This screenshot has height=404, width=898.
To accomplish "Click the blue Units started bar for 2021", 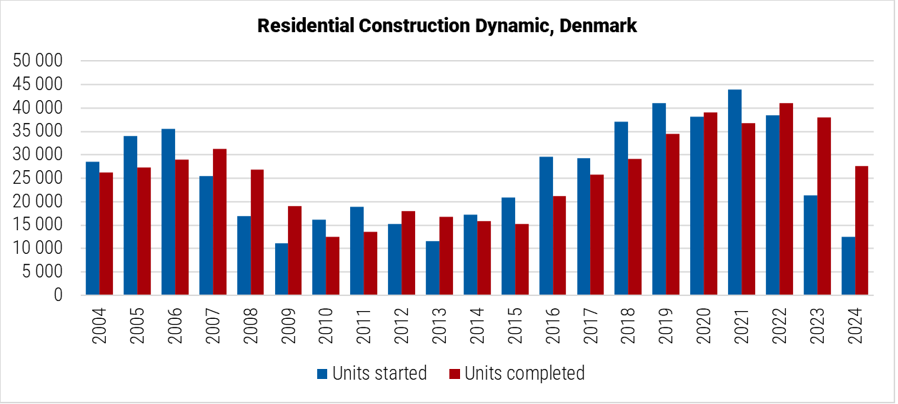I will point(734,192).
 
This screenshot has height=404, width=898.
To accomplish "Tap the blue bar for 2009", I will point(281,269).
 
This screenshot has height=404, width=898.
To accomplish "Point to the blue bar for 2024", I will point(848,266).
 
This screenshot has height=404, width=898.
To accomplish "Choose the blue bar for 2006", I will point(168,212).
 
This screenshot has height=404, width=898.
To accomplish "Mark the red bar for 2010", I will point(333,265).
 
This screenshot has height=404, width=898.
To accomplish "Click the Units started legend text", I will point(379,373).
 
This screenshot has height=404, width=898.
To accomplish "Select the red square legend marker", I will point(455,373).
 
